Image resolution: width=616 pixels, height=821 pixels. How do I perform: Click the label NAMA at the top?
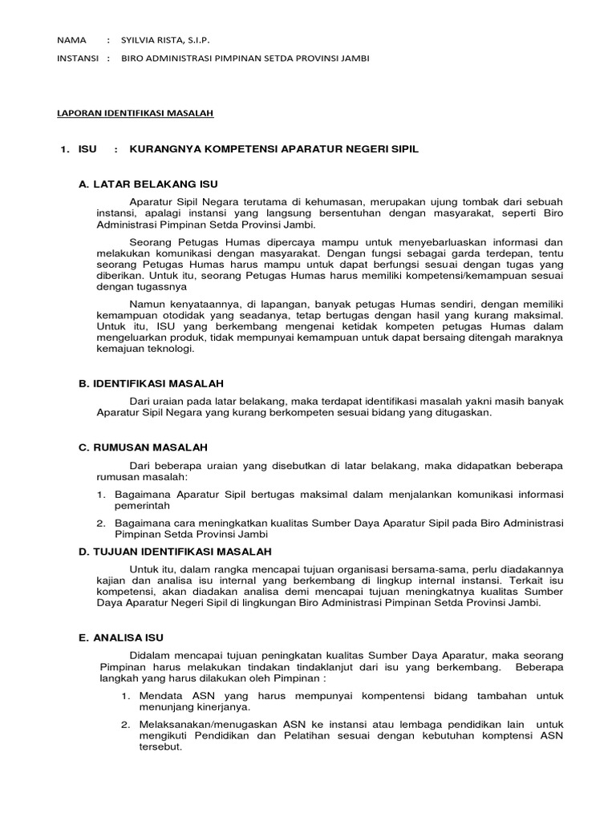[x=71, y=39]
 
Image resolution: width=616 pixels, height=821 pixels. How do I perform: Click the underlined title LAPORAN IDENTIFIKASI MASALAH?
[x=135, y=115]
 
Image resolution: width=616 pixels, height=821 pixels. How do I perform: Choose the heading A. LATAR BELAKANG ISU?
[x=148, y=184]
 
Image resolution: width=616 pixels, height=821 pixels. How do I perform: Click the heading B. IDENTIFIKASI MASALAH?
[x=151, y=384]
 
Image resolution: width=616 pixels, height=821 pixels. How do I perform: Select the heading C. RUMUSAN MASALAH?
[x=143, y=447]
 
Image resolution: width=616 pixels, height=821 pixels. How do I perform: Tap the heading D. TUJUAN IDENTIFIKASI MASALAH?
[x=175, y=552]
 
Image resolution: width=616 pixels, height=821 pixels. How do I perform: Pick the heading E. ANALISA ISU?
[x=120, y=637]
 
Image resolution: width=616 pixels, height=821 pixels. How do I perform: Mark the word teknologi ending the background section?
[x=168, y=349]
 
